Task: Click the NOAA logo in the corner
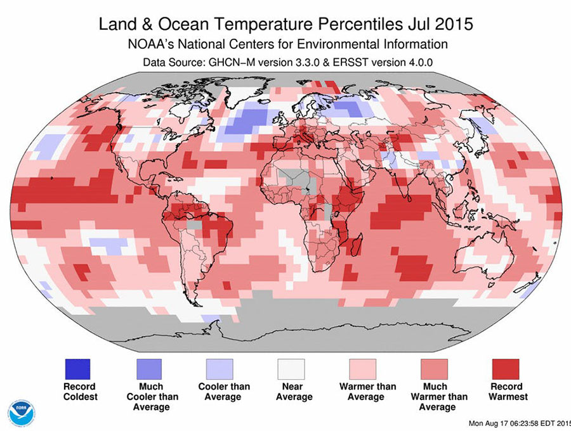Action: click(21, 412)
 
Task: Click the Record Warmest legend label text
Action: click(505, 392)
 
